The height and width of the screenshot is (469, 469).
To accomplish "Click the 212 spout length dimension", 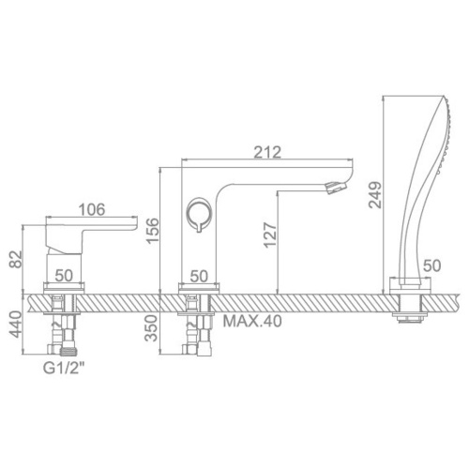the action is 267,152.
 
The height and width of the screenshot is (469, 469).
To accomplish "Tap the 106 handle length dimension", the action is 92,209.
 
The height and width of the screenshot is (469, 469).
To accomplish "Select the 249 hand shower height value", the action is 375,195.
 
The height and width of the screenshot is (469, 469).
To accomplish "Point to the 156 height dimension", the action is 153,231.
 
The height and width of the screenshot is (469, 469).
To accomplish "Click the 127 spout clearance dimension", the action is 270,235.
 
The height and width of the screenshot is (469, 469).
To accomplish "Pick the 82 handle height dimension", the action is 16,259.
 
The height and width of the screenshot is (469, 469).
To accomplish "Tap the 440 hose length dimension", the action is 16,325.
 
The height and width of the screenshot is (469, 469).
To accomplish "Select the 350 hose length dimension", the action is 152,328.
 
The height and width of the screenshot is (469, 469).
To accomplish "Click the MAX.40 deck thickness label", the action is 252,321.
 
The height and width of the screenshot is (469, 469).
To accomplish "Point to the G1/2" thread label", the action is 64,369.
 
